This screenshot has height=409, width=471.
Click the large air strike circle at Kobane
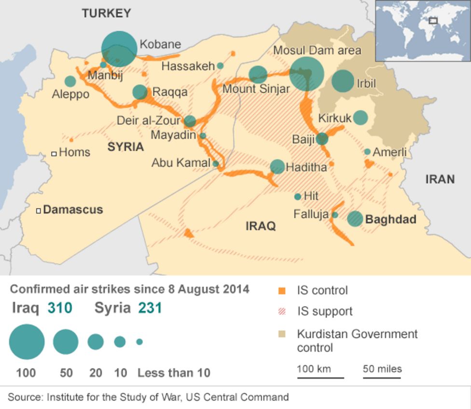(119, 49)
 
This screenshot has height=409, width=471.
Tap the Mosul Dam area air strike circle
(306, 74)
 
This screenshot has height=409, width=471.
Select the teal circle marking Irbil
(343, 81)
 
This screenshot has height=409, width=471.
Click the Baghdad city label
(390, 219)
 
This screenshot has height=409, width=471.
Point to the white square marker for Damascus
(39, 210)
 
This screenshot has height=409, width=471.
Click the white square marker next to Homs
(54, 154)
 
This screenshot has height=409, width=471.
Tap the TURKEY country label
(106, 14)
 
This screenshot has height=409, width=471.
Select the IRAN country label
(440, 180)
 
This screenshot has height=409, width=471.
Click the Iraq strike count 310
(60, 308)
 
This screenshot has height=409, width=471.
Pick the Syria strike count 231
(150, 308)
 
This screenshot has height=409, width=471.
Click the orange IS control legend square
(282, 291)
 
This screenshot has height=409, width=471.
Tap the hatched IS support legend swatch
(282, 312)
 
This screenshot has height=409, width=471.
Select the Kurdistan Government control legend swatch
(282, 334)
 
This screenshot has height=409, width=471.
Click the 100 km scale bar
(320, 377)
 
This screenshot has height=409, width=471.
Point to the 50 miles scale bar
(382, 377)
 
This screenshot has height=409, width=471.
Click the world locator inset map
(423, 30)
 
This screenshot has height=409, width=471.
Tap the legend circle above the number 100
(27, 342)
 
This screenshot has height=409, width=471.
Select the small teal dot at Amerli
(367, 152)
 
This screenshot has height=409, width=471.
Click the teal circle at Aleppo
(70, 81)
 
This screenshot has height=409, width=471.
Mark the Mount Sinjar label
(256, 89)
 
